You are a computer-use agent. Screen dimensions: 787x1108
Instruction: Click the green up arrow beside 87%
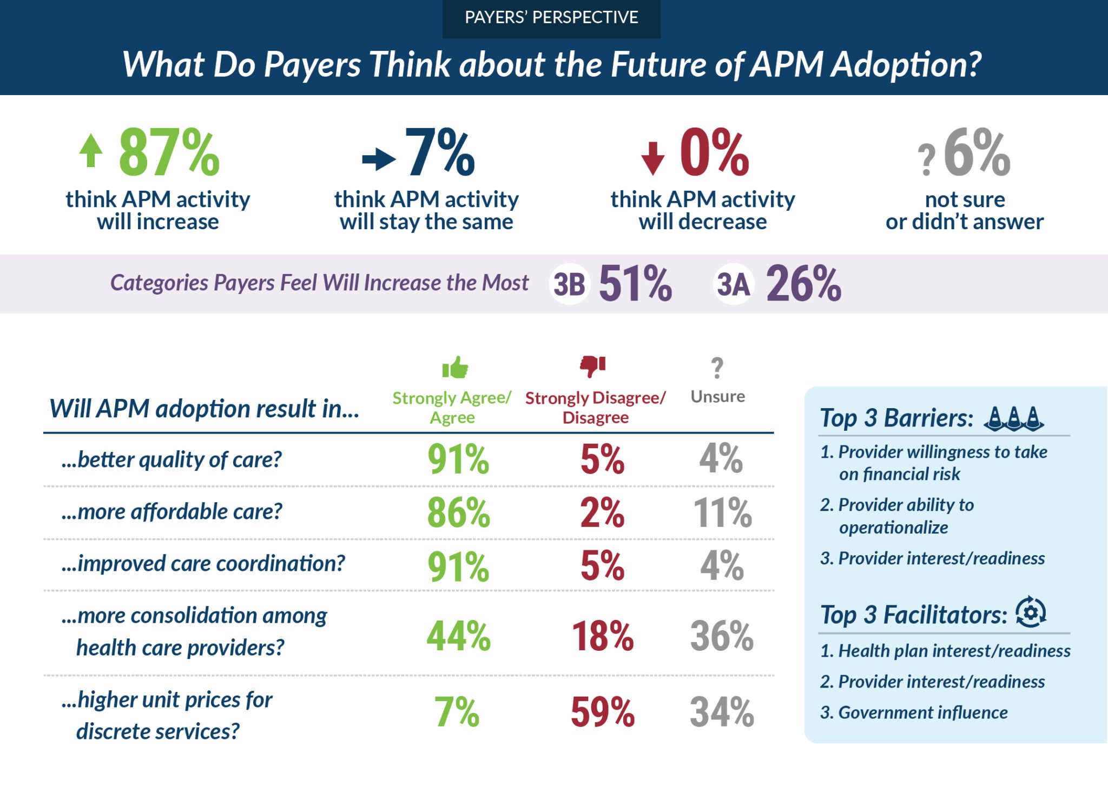91,151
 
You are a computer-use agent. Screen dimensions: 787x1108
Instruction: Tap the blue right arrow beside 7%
379,159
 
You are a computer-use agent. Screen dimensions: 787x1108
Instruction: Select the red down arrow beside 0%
652,158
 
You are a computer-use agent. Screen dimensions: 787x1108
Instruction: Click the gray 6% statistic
977,153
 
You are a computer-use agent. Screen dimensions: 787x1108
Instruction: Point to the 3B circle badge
569,284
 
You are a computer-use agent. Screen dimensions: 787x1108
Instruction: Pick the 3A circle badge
733,284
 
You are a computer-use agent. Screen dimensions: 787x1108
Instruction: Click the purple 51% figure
635,284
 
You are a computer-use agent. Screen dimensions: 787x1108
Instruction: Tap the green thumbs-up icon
455,368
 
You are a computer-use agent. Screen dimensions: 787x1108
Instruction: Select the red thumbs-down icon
593,366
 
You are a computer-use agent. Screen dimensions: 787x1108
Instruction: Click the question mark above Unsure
717,368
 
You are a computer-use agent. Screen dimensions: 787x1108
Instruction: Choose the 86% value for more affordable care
458,512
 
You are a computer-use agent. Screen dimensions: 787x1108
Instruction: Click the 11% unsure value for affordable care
722,512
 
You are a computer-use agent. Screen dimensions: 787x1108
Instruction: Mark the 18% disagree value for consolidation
602,636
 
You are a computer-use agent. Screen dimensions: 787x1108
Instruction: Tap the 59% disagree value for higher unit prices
602,712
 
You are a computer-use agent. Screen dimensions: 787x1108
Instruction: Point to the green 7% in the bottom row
457,712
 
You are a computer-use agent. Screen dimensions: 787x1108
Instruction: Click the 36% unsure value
722,636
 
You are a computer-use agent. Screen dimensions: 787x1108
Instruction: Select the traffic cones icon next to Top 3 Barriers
1014,418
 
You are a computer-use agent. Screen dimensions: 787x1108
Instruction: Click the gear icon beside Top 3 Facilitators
1031,612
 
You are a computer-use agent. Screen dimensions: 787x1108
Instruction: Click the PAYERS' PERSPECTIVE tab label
551,18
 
